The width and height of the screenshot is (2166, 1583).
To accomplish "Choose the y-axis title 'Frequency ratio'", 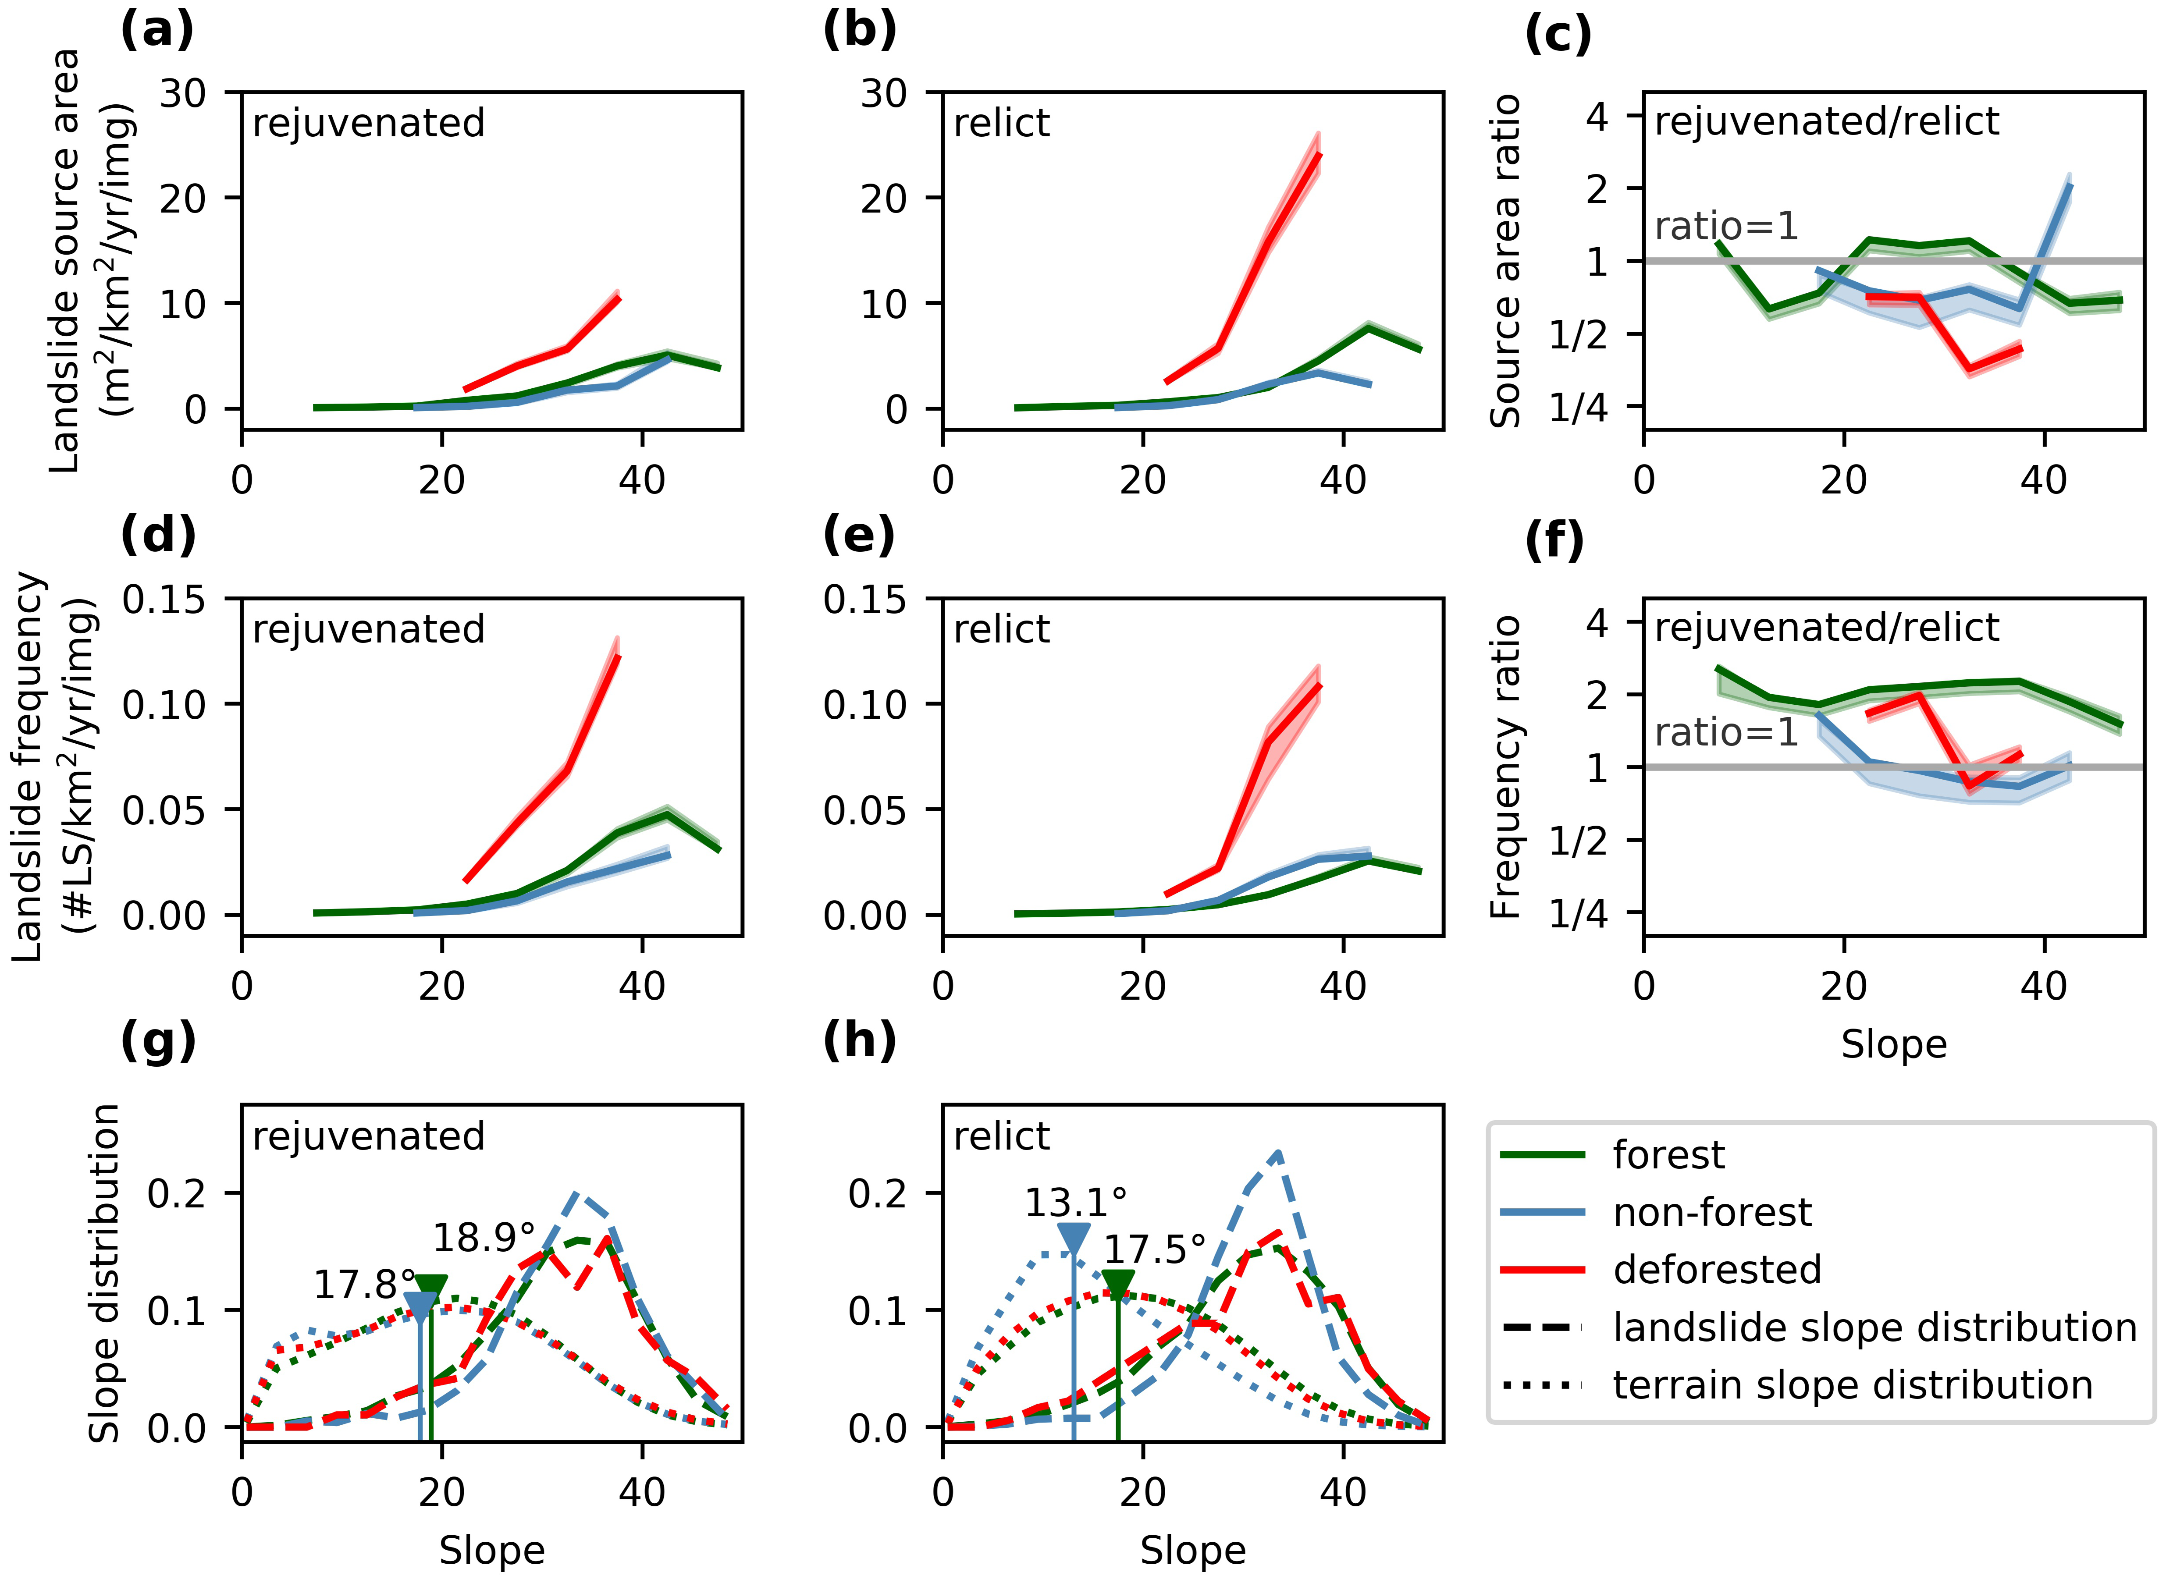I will click(x=1506, y=767).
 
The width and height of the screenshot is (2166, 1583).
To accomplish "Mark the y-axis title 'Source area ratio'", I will click(x=1506, y=261).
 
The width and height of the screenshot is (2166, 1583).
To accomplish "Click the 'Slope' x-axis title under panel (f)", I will click(x=1893, y=1044).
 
